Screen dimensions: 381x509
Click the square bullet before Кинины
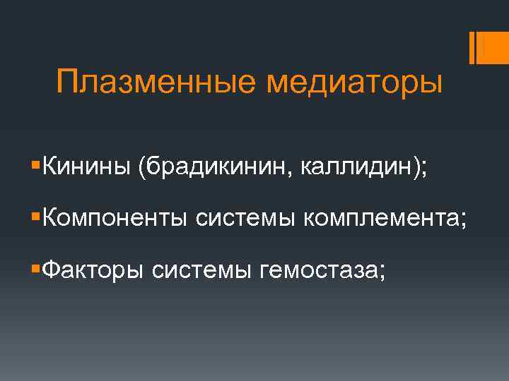point(36,167)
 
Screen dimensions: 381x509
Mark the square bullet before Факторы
point(36,267)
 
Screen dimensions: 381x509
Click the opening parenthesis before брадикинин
point(142,169)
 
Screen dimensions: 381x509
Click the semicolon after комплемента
point(464,222)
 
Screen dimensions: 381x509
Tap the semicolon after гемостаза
point(382,272)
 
